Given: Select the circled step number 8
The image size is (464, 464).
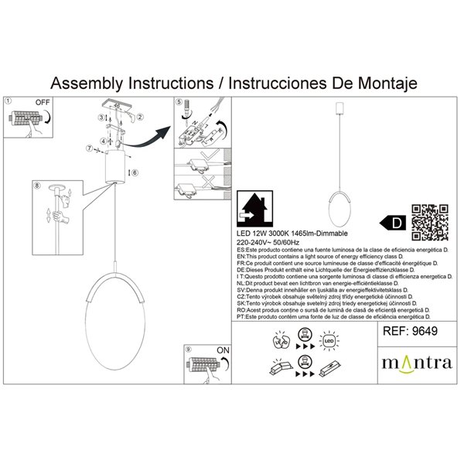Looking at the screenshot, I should (36, 186).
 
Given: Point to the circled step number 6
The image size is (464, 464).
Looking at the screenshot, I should (134, 172).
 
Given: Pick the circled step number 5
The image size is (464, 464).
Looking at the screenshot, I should (178, 102).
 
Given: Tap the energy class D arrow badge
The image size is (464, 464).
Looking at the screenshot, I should (394, 223).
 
